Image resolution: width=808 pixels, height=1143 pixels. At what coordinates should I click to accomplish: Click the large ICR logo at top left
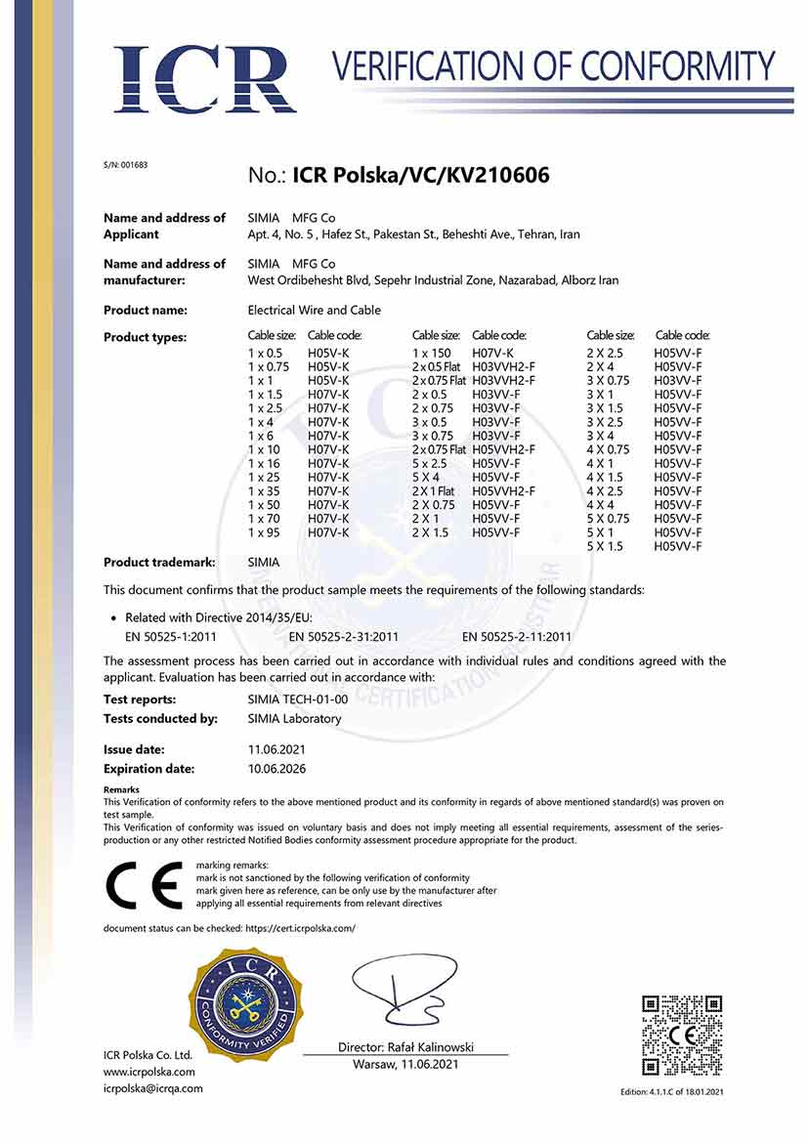pyautogui.click(x=204, y=77)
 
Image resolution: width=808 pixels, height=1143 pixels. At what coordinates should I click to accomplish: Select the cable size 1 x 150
pyautogui.click(x=433, y=352)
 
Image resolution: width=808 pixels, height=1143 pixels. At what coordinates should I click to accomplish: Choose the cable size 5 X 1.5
pyautogui.click(x=605, y=547)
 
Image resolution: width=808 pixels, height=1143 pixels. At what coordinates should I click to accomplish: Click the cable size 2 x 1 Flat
pyautogui.click(x=434, y=490)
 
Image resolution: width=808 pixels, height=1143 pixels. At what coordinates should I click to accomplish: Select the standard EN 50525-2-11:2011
pyautogui.click(x=517, y=637)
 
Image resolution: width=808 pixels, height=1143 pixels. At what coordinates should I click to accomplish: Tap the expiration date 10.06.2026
pyautogui.click(x=277, y=769)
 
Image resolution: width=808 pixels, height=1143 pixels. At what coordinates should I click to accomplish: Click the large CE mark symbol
pyautogui.click(x=144, y=885)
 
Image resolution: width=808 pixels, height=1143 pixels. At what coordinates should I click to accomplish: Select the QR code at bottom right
pyautogui.click(x=682, y=1035)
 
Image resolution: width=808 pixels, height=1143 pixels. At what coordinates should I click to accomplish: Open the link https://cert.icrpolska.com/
pyautogui.click(x=293, y=928)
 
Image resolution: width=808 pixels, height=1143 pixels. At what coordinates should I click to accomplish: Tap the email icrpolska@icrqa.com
pyautogui.click(x=153, y=1088)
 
